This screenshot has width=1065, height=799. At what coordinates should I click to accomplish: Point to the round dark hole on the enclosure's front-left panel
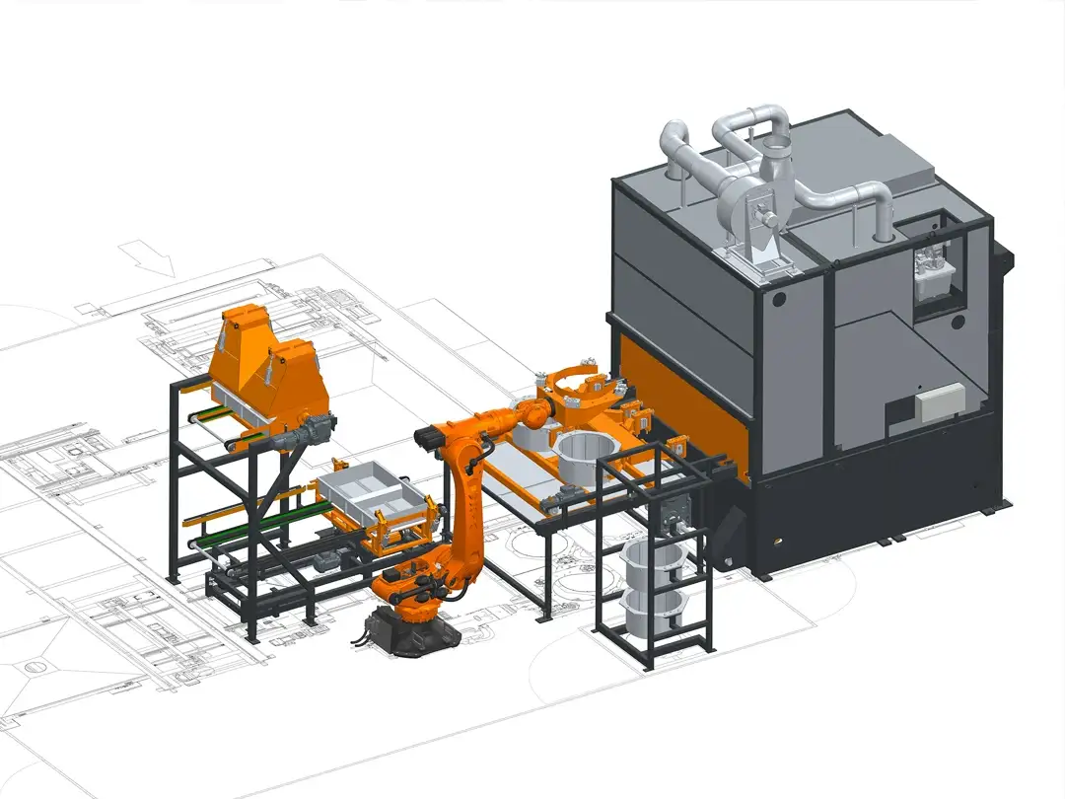pyautogui.click(x=780, y=297)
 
